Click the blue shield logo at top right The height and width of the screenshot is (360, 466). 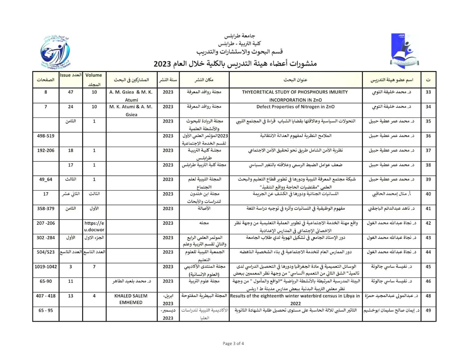[x=404, y=51]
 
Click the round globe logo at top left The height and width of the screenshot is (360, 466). [x=56, y=52]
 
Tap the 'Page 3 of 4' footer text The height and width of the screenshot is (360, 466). [x=233, y=343]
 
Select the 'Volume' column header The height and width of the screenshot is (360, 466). [x=94, y=75]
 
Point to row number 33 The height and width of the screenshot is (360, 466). [x=428, y=92]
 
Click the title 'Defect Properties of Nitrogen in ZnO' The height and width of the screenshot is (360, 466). [x=296, y=107]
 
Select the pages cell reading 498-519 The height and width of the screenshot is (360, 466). [x=46, y=136]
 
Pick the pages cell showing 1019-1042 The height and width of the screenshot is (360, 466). [x=46, y=267]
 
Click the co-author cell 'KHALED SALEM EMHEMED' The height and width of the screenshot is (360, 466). [x=131, y=299]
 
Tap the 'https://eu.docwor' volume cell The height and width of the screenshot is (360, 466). [x=94, y=226]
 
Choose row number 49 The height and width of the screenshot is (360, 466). [x=428, y=311]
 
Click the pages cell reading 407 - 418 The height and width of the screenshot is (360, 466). [x=46, y=296]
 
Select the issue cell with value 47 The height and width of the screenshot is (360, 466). [x=71, y=92]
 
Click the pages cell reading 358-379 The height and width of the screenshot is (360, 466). [x=46, y=208]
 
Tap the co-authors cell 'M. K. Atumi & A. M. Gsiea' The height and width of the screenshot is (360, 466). [x=131, y=111]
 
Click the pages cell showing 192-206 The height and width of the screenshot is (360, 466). [x=46, y=151]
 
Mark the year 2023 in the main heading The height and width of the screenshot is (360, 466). [x=162, y=64]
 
